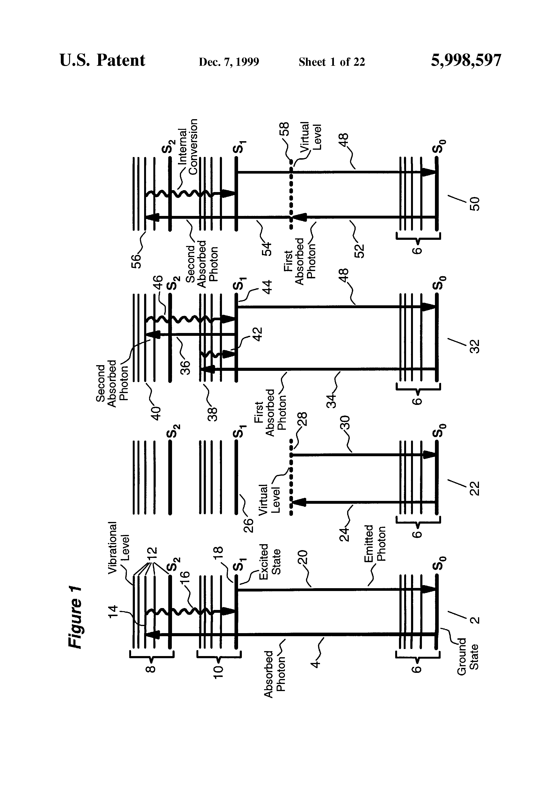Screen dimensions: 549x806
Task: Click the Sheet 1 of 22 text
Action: [x=332, y=62]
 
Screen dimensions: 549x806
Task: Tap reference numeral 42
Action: [x=257, y=335]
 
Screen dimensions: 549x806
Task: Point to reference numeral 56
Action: [x=136, y=260]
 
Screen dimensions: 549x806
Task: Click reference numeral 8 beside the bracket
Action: [x=150, y=669]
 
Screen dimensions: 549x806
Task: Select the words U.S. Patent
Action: [x=102, y=60]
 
